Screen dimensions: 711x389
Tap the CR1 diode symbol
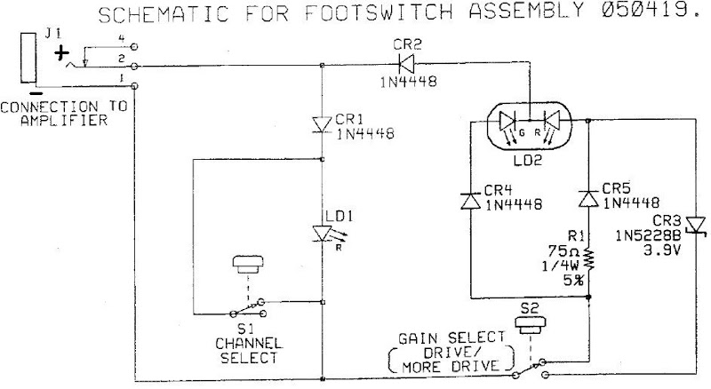tap(323, 124)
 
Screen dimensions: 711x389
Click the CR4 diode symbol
tap(470, 201)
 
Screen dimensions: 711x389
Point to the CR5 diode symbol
tap(588, 200)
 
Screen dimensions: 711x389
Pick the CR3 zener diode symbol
tap(696, 226)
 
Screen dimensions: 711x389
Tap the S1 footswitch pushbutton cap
tap(248, 265)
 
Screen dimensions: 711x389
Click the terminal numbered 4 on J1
tap(134, 46)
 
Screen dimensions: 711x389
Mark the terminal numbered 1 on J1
tap(134, 85)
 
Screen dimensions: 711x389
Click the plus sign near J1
tap(61, 53)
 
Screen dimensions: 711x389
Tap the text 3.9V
tap(662, 250)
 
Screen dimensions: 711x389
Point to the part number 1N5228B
tap(648, 235)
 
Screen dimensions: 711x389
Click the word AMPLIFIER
tap(64, 121)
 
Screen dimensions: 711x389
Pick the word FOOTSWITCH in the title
tap(379, 12)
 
